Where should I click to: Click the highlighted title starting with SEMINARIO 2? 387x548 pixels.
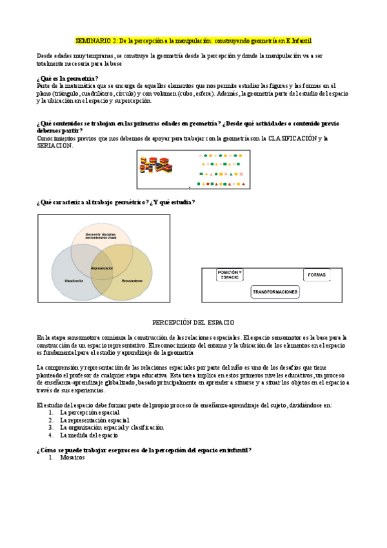tap(193, 40)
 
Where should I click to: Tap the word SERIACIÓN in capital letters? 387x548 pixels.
tap(55, 145)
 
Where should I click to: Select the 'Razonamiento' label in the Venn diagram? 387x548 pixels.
tap(132, 281)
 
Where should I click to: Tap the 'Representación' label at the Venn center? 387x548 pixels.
tap(102, 268)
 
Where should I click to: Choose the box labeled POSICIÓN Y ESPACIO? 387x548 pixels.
tap(230, 275)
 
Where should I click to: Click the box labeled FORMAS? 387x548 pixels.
tap(317, 275)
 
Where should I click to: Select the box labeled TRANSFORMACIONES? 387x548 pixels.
tap(275, 292)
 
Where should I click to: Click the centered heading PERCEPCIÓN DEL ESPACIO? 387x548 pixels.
tap(193, 322)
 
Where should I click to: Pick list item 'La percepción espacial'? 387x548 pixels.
tap(89, 412)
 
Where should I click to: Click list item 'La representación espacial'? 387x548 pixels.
tap(94, 419)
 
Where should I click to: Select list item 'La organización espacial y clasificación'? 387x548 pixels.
tap(112, 427)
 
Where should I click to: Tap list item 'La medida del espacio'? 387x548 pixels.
tap(88, 435)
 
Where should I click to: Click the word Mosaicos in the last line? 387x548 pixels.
tap(72, 457)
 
